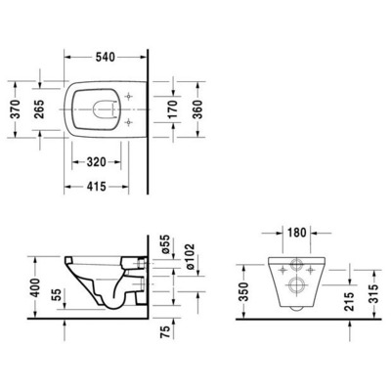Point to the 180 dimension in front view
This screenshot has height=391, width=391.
click(x=298, y=235)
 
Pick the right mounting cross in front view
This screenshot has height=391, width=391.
click(x=313, y=265)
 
